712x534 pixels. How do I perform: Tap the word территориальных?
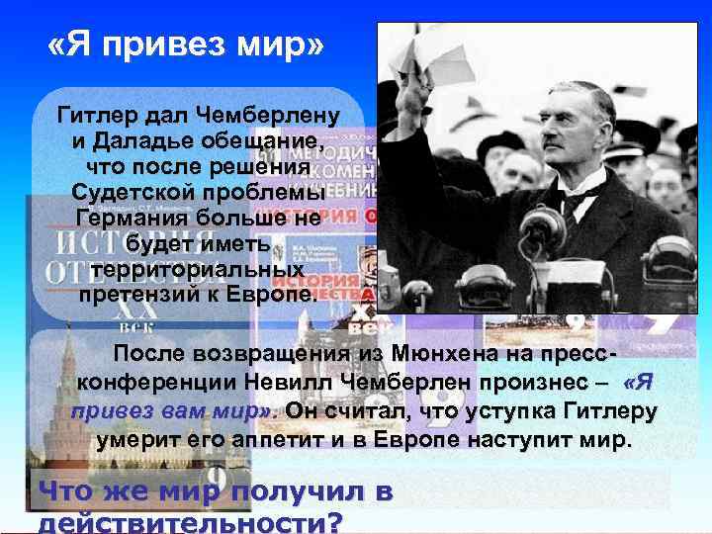[197, 269]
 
